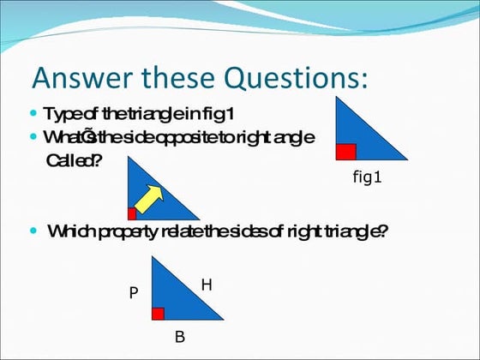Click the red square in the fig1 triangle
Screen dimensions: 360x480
point(345,152)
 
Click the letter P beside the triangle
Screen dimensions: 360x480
point(133,293)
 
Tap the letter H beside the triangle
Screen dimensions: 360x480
point(206,284)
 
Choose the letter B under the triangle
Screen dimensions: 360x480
point(179,337)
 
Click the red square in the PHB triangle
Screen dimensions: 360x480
point(158,313)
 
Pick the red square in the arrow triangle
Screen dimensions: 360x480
point(132,213)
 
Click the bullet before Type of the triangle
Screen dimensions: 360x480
point(33,113)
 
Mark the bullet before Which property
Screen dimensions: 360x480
point(33,231)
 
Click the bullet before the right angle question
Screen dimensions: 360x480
point(33,136)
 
